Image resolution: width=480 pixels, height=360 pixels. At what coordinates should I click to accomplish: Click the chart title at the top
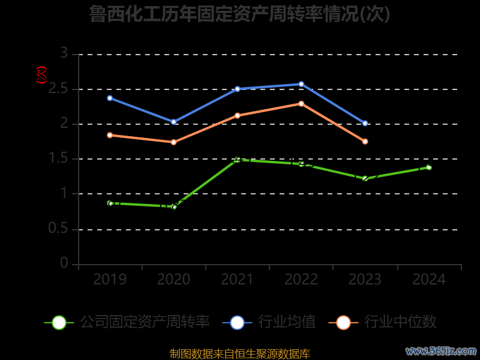[239, 14]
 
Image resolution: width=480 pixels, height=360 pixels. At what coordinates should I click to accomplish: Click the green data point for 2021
[238, 160]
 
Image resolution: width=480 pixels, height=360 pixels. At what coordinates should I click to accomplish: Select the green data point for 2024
[429, 167]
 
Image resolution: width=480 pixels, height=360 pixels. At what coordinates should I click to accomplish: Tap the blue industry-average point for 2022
[301, 84]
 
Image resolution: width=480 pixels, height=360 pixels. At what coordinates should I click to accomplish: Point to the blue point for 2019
[110, 98]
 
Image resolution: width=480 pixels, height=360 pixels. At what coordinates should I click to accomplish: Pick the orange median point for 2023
[365, 142]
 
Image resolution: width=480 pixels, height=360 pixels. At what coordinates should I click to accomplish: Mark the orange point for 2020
[173, 142]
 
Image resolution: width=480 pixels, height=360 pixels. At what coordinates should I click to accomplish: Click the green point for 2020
[174, 207]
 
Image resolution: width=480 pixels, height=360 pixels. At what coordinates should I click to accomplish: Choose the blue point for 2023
[365, 124]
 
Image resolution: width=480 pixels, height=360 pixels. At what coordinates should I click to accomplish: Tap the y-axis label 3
[64, 54]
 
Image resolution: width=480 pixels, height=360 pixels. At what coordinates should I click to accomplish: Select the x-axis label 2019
[110, 280]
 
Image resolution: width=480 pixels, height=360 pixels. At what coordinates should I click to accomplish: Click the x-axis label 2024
[429, 280]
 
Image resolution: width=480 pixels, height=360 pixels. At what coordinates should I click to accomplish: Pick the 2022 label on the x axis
[301, 280]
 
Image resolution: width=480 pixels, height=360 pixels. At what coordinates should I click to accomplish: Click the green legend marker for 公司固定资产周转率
[59, 322]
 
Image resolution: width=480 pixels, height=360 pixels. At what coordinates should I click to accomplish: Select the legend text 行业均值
[287, 322]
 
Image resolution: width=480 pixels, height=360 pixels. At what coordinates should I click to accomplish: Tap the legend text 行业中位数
[400, 322]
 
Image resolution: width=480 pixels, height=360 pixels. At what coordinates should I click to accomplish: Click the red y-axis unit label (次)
[41, 76]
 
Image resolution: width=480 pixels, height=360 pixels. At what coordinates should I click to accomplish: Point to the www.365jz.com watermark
[441, 350]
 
